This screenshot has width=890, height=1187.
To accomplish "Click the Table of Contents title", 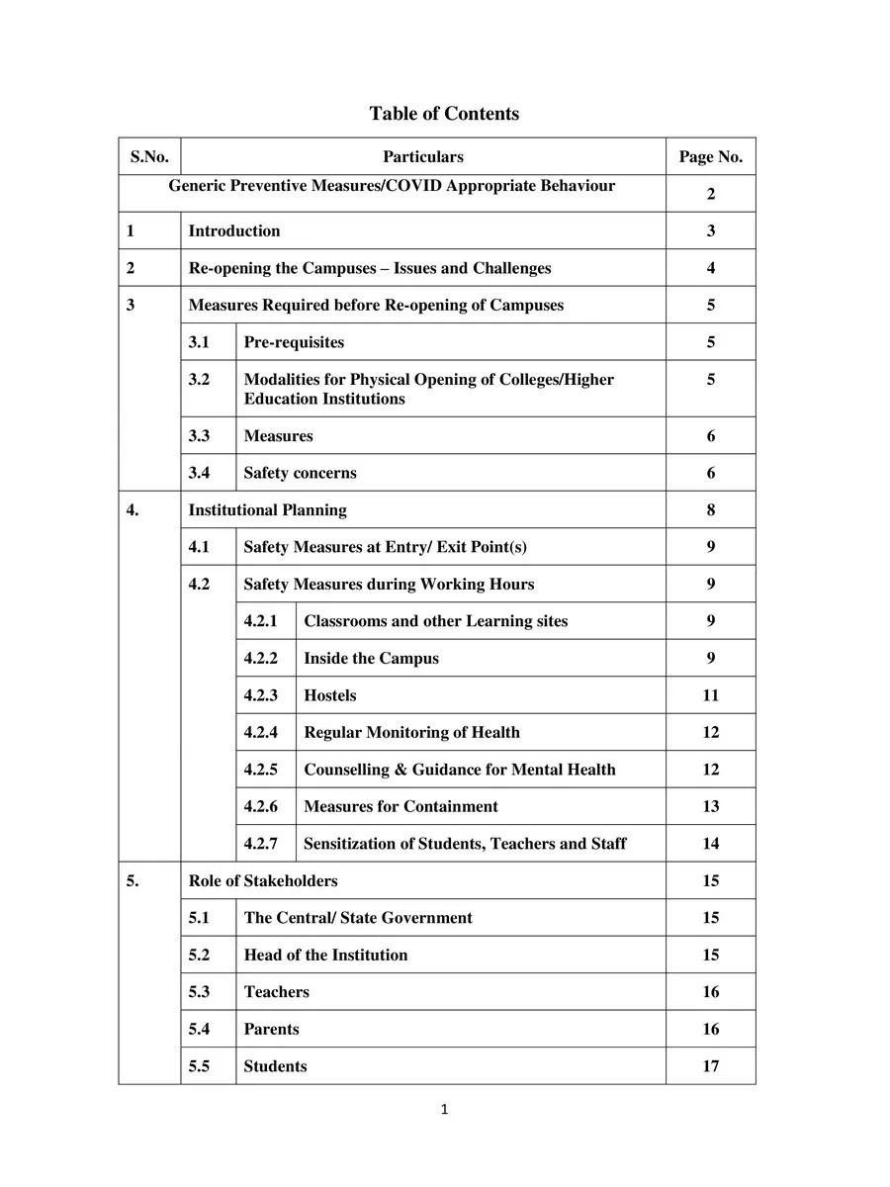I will click(444, 114).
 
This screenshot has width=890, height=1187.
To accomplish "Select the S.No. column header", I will click(149, 156).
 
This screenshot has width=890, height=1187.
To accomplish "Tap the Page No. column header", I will click(710, 156).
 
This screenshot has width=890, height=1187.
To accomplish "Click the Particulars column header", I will click(422, 156).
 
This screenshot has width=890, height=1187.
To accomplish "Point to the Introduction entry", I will click(234, 231).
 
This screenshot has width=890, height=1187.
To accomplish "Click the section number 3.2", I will click(200, 380).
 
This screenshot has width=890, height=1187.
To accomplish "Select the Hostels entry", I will click(330, 695).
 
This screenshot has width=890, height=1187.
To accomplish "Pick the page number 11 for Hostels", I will click(710, 695).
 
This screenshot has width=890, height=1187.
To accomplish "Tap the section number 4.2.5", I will click(261, 770).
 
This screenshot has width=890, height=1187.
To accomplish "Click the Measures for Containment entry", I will click(400, 806).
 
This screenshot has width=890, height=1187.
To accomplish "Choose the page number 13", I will click(710, 806).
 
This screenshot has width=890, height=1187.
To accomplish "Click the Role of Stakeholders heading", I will click(263, 880).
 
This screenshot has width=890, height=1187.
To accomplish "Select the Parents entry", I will click(271, 1029).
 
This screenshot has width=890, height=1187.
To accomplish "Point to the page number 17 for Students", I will click(710, 1066).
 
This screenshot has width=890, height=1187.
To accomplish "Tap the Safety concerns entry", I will click(300, 473).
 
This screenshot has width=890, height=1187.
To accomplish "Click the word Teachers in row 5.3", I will click(277, 992).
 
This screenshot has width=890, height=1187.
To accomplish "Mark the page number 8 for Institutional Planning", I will click(710, 510).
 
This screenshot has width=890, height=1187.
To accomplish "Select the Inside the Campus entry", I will click(371, 659).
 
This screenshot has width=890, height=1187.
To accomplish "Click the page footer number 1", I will click(444, 1110).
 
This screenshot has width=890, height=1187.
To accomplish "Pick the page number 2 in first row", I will click(710, 194).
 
